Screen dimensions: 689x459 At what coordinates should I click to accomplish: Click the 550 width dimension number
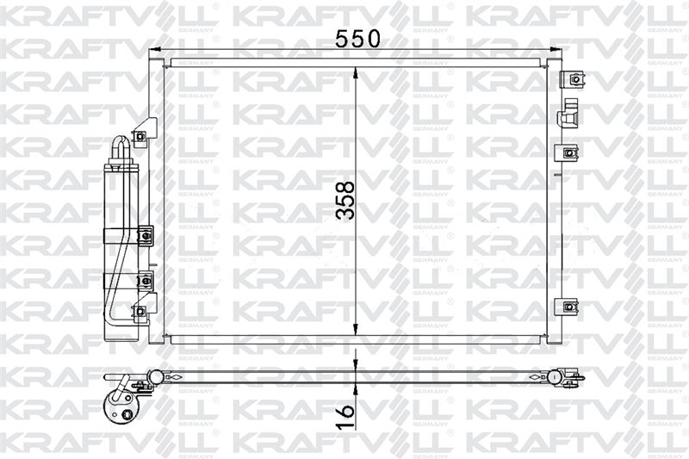(x=357, y=39)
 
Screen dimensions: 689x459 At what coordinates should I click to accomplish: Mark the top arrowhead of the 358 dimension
(x=356, y=75)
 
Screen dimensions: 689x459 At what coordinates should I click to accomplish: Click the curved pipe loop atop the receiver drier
(x=120, y=150)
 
